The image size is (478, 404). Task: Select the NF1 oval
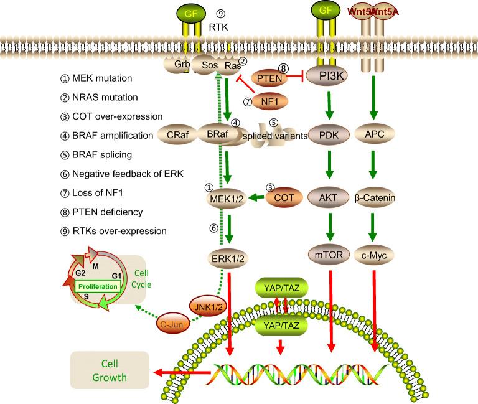click(x=270, y=100)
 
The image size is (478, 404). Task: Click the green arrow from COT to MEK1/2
click(x=255, y=199)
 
